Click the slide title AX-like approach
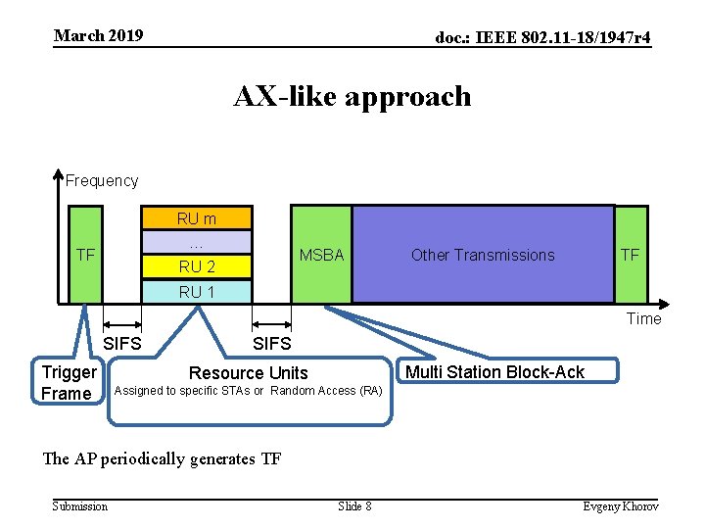[x=352, y=96]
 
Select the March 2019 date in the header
[x=99, y=36]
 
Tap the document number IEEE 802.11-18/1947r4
[x=542, y=37]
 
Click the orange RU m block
[x=197, y=218]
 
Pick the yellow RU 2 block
[x=197, y=266]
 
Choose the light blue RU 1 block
[x=197, y=291]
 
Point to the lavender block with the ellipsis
[x=197, y=242]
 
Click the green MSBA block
[x=321, y=255]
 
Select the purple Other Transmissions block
[x=483, y=255]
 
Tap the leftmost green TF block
[x=85, y=255]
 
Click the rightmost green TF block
[x=631, y=255]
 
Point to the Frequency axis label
[x=102, y=180]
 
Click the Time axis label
[x=643, y=318]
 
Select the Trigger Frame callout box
[x=68, y=383]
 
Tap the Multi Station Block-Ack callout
[x=494, y=371]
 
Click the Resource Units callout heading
[x=248, y=372]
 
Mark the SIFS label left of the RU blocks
[x=122, y=344]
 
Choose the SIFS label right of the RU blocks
[x=271, y=344]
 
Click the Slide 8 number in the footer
[x=354, y=505]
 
